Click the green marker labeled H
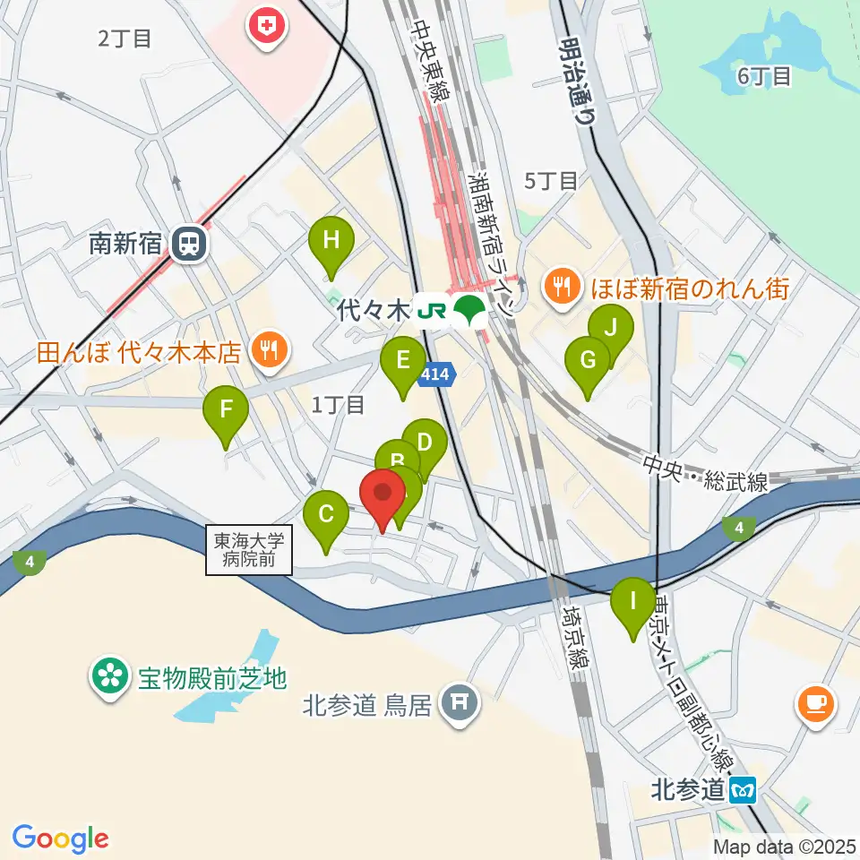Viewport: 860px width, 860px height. click(331, 240)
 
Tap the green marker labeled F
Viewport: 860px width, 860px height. click(226, 411)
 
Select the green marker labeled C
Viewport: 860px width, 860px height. click(326, 516)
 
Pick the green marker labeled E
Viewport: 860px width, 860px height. click(402, 362)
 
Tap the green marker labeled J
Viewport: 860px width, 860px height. click(611, 328)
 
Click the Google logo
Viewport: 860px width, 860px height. click(61, 838)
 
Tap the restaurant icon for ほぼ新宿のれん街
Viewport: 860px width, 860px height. click(563, 288)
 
